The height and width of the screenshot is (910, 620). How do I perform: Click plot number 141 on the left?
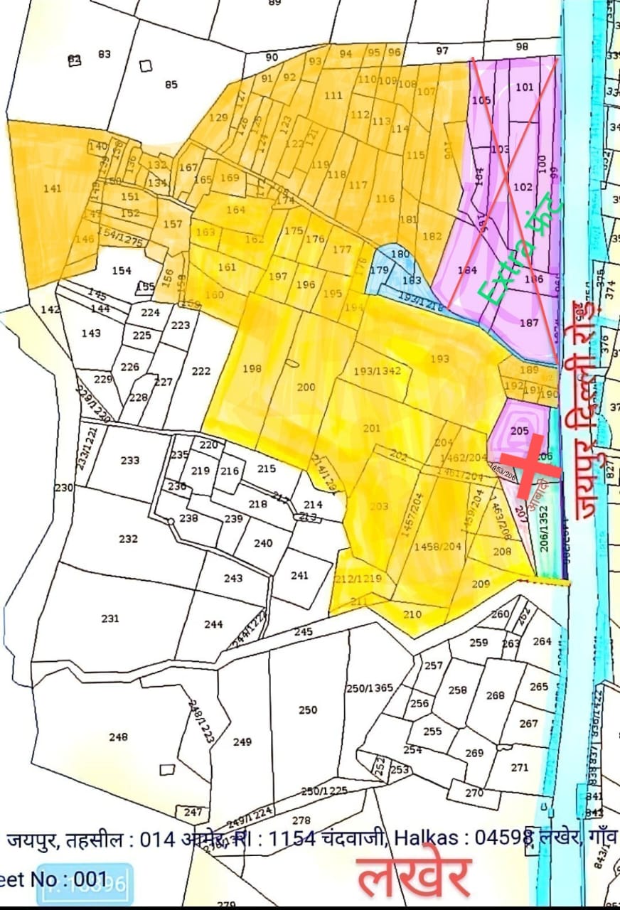coord(53,188)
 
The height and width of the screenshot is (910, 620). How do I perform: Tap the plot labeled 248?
coord(118,737)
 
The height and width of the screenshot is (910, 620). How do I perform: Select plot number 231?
coord(110,619)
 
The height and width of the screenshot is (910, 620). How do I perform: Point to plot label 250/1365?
coord(369,688)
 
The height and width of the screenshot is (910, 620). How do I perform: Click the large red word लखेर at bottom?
coord(413,877)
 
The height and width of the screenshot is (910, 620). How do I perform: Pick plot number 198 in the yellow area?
coord(252,368)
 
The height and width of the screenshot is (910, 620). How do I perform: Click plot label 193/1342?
coord(378,370)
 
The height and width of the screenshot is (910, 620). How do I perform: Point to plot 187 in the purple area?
coord(529,322)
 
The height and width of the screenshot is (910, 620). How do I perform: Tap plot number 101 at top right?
coord(524,87)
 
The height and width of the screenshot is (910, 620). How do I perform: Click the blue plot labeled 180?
coord(400,254)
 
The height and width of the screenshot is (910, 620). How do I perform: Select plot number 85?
coord(171,85)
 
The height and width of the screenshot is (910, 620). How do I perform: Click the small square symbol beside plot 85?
coord(146,65)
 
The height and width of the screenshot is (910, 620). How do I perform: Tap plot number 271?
coord(520,767)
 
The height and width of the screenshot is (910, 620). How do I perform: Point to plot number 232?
coord(128,539)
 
